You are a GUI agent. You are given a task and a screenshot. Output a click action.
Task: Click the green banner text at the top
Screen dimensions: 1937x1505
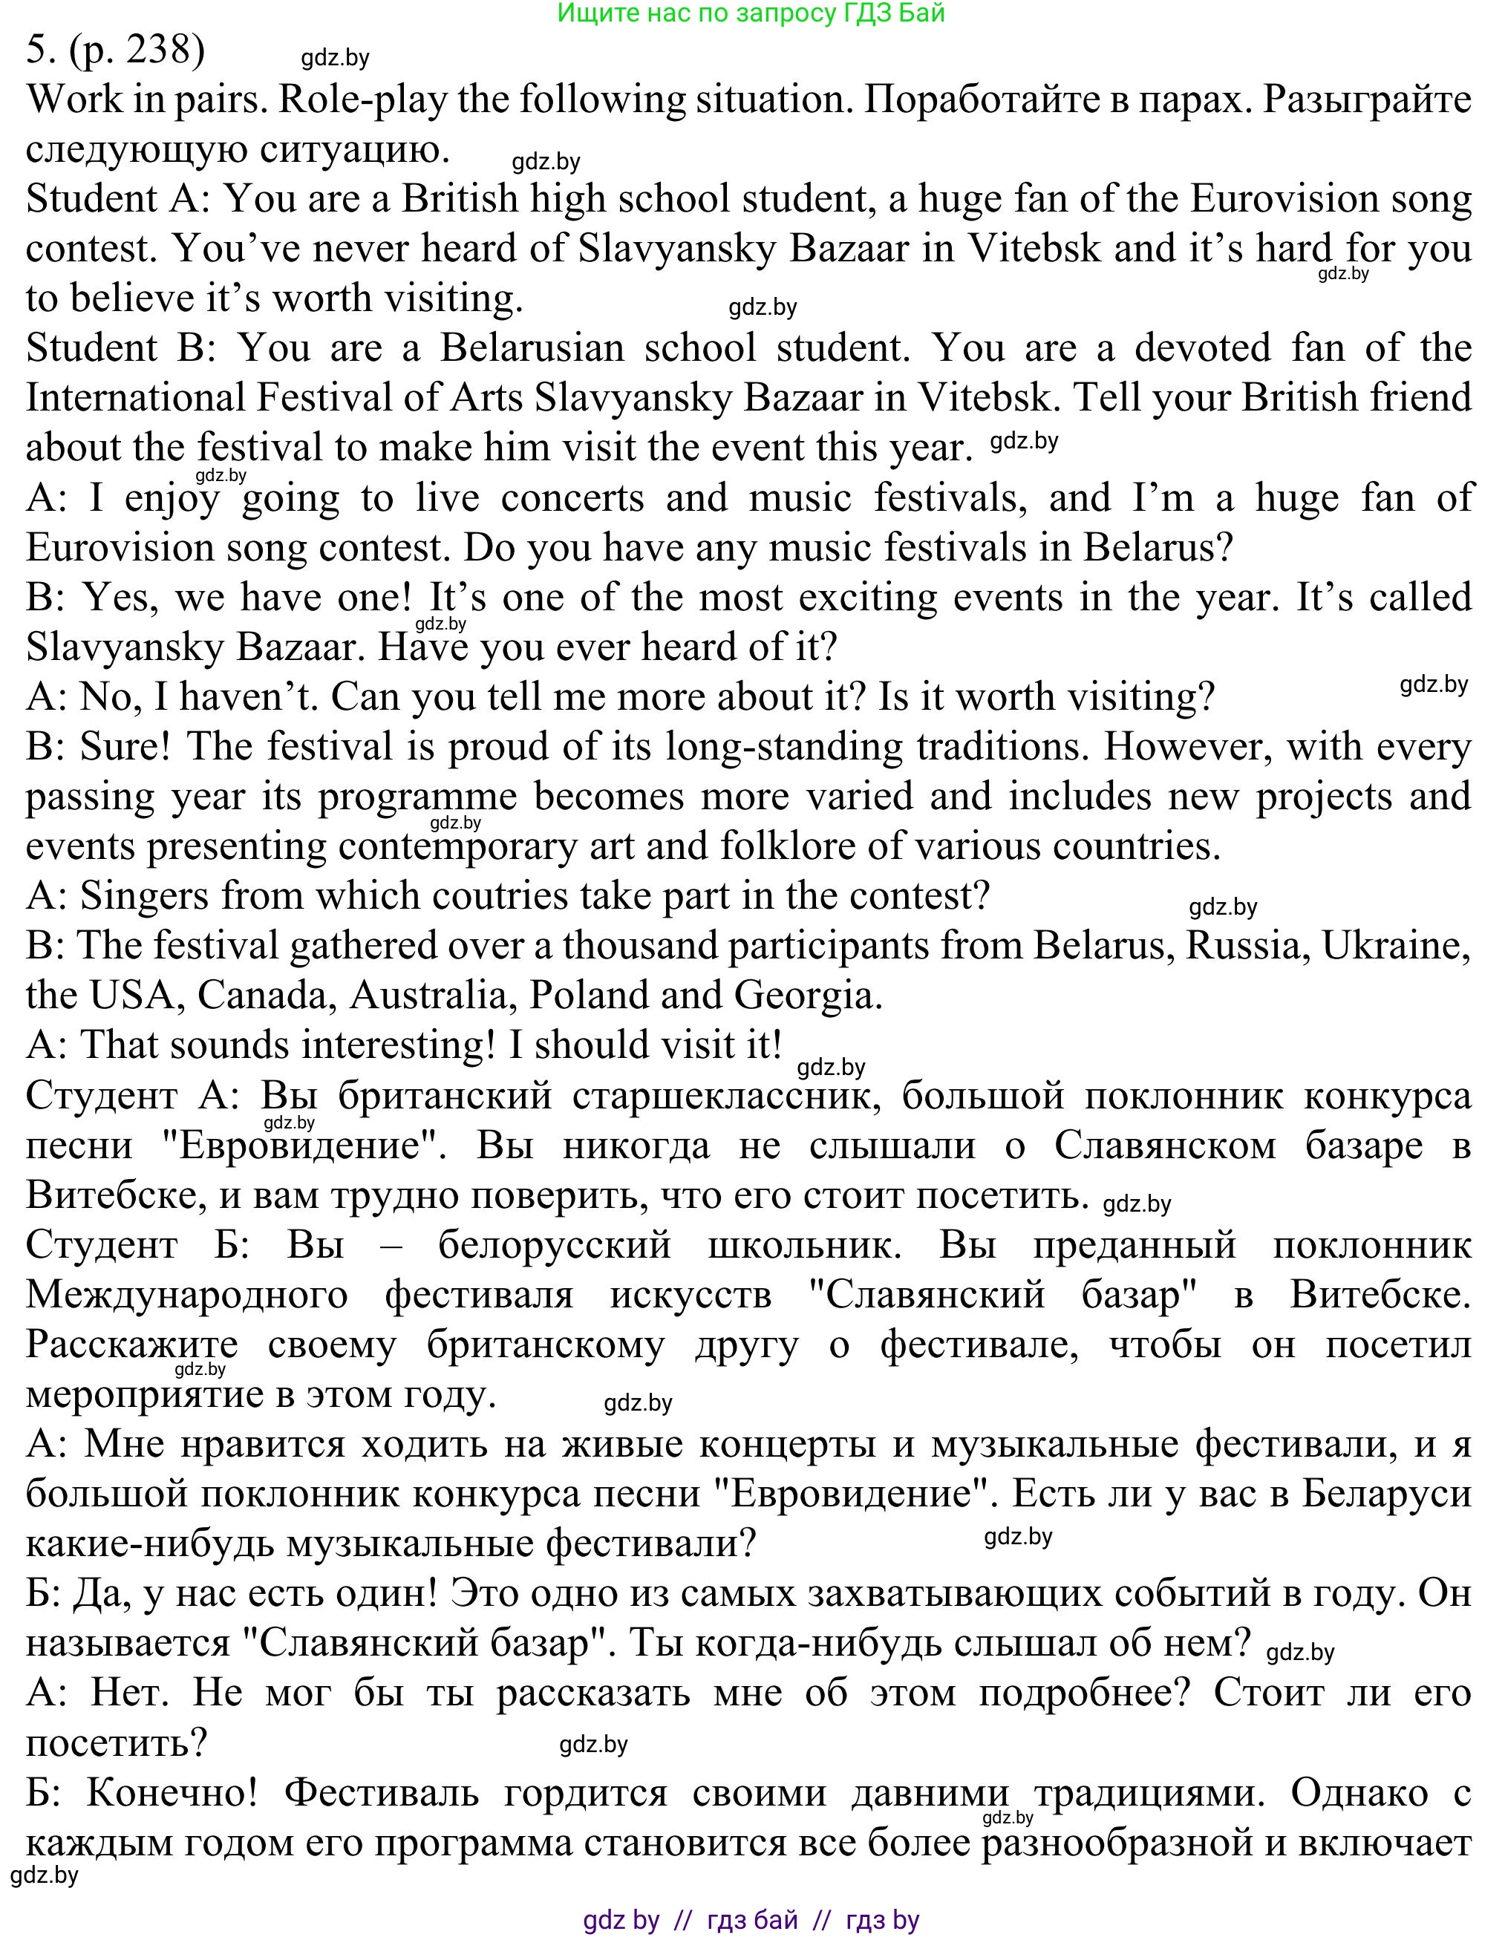pos(751,13)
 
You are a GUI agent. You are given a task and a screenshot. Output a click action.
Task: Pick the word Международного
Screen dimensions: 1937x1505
pos(187,1294)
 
